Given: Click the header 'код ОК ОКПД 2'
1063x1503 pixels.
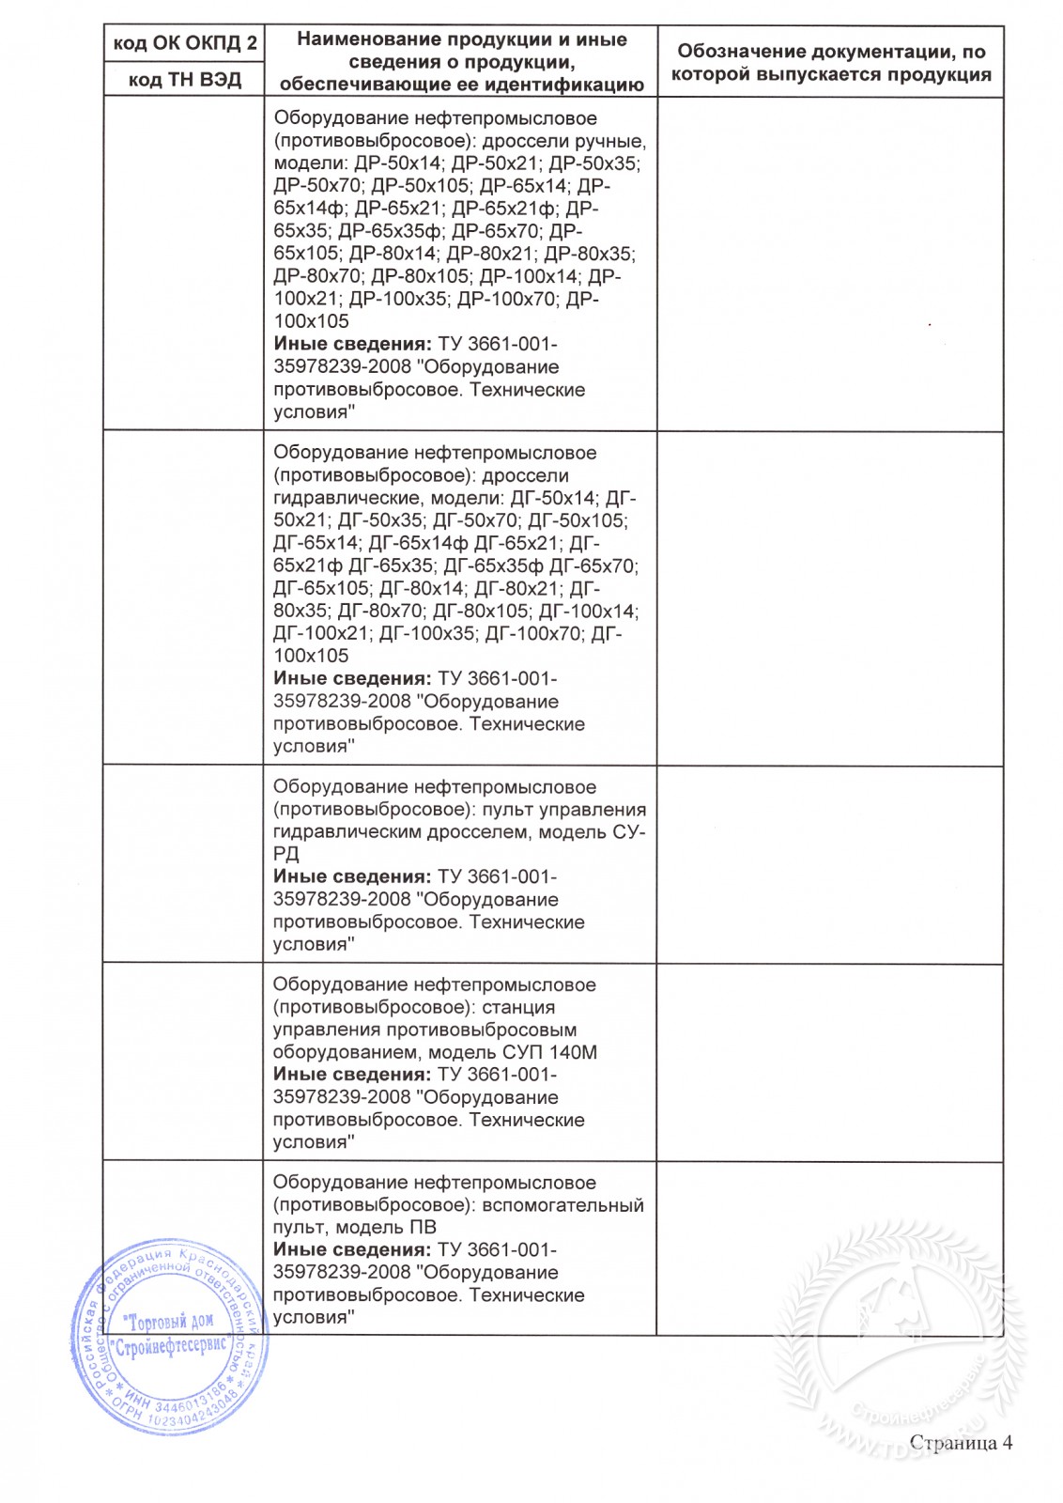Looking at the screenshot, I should pos(185,43).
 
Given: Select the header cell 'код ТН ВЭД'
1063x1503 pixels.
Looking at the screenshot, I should pos(185,80).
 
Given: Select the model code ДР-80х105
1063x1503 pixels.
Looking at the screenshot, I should pos(420,276).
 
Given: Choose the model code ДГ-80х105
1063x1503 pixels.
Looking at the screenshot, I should pos(481,612).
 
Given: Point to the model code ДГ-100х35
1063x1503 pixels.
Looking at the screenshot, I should pos(427,634).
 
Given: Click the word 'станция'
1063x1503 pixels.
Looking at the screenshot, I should pos(518,1008).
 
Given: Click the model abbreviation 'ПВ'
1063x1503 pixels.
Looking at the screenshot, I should pos(423,1228).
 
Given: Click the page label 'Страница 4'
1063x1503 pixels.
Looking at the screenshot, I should pos(961,1443).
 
